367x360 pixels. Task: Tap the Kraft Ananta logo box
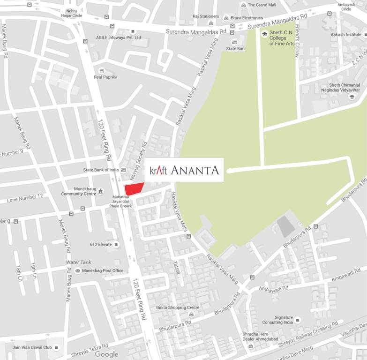tap(184, 170)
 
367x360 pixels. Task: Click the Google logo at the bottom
tap(106, 354)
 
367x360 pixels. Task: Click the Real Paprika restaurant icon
tap(101, 70)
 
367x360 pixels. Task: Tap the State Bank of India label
tap(101, 170)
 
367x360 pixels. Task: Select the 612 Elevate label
tap(101, 244)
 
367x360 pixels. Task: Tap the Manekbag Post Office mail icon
tap(77, 271)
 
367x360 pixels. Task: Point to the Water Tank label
tap(79, 262)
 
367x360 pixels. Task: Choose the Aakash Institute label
tap(346, 34)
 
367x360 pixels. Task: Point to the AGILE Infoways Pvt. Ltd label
tap(118, 37)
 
